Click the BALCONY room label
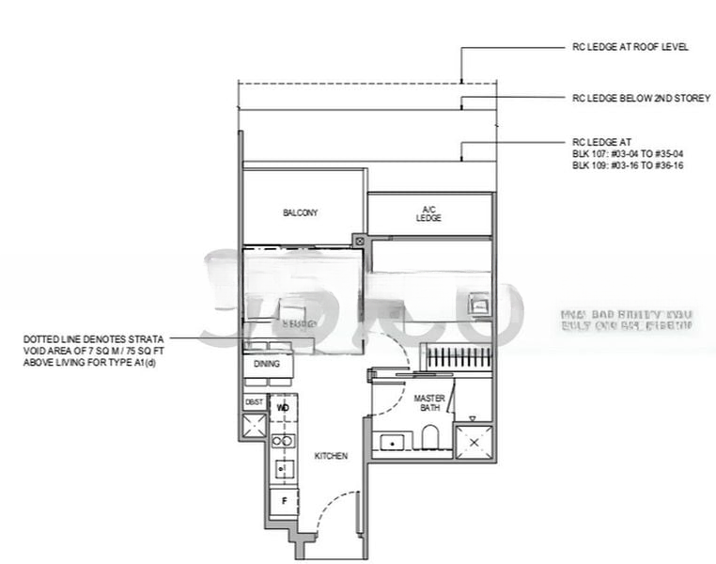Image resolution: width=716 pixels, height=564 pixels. coord(300,213)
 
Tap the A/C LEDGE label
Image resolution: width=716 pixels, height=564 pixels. coord(428,213)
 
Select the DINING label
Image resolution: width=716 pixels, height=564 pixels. coord(267,364)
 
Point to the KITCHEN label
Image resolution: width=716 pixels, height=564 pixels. coord(331,456)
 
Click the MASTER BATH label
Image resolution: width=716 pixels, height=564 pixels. coord(429,403)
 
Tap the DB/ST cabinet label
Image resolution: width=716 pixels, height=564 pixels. coord(254,402)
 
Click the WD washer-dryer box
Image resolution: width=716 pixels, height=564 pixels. coord(283,407)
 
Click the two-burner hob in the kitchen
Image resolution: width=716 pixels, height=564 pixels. coord(283,440)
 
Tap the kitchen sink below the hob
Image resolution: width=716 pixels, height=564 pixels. coord(283,467)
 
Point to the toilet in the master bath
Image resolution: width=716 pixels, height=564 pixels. coord(430,438)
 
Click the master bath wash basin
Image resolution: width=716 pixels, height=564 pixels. coord(388,441)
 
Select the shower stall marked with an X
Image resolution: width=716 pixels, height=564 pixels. coord(475,441)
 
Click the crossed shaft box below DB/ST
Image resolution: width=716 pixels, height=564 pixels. coord(254,425)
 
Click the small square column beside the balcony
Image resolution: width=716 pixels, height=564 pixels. coord(359,241)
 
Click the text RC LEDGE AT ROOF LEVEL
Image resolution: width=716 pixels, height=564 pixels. coord(630,47)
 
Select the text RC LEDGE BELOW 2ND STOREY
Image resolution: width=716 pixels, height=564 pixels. coord(641,97)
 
